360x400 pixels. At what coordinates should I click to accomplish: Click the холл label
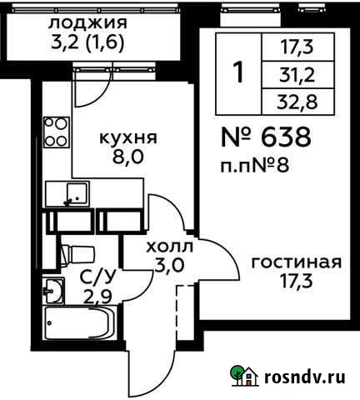coord(169,247)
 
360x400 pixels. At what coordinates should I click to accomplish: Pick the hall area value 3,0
coord(169,266)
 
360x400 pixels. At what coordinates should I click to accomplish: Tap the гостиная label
coord(297,262)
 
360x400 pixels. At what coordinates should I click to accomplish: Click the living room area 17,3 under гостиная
coord(297,281)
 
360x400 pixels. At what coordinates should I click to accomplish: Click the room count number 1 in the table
coord(239,73)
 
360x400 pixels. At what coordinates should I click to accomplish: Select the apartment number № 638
coord(267,136)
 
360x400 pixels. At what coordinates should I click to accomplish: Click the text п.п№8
coord(257,163)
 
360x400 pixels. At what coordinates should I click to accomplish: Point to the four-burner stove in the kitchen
coord(56,132)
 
